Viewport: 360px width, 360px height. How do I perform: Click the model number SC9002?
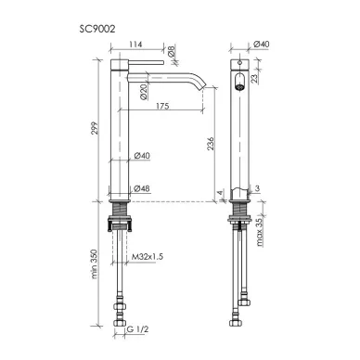tap(97, 29)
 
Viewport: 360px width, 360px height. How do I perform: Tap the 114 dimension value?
tap(135, 45)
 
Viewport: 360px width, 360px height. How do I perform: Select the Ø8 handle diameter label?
tap(172, 51)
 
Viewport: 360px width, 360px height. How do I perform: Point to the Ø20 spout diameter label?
tap(143, 92)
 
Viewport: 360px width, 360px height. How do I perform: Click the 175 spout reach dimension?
tap(162, 106)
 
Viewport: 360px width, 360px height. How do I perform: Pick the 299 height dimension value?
tap(96, 128)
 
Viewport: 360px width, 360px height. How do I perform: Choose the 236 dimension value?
tap(210, 144)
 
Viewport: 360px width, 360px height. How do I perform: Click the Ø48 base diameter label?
tap(142, 188)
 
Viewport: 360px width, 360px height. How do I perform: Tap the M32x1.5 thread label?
tap(148, 257)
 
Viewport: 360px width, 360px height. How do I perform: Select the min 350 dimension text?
tap(95, 264)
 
